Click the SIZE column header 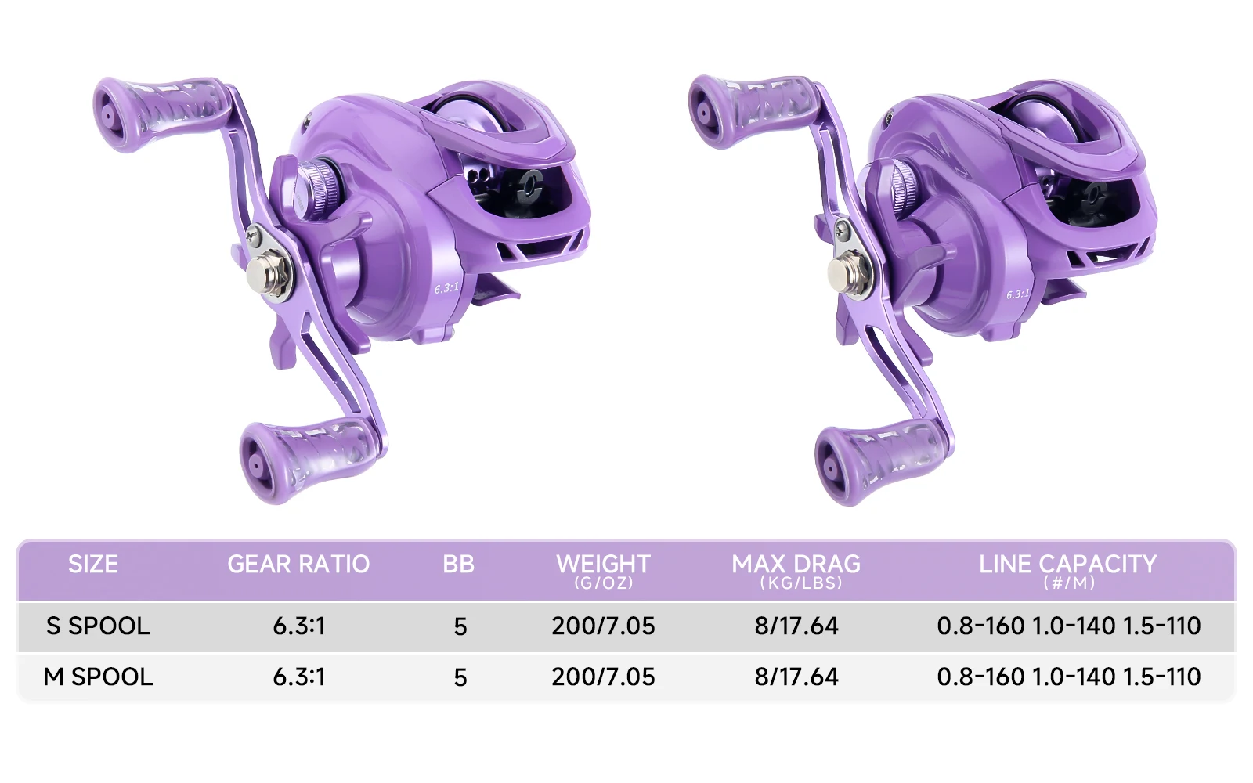93,564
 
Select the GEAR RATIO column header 298,564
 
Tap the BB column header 459,564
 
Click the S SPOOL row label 98,626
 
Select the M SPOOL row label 98,677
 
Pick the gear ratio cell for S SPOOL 298,626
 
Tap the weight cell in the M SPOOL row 603,677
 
